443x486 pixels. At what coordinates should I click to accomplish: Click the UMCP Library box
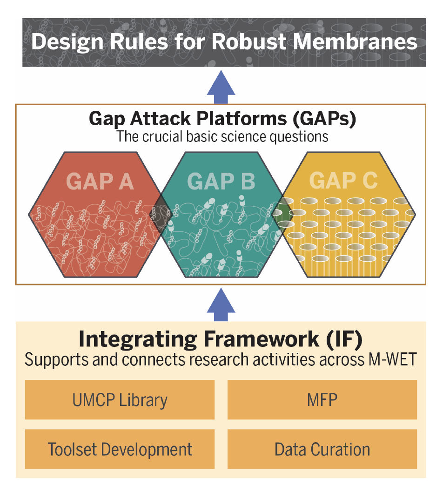coord(120,400)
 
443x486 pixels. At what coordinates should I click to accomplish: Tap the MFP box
coord(322,400)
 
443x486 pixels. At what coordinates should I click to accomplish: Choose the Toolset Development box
coord(120,449)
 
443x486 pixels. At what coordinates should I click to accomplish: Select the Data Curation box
coord(322,449)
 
